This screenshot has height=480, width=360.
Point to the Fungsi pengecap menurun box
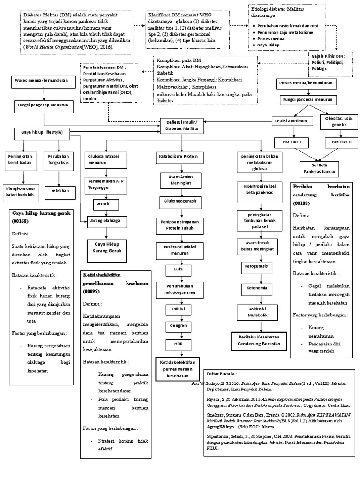[43, 105]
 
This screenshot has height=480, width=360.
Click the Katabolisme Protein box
[178, 156]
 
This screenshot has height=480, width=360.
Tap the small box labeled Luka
[178, 270]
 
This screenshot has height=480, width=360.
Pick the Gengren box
[178, 325]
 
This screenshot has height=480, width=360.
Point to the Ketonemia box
[256, 287]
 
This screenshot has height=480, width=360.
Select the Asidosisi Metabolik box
[256, 312]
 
